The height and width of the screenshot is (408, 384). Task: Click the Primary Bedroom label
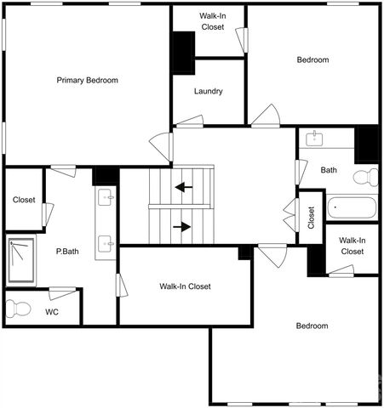(x=87, y=80)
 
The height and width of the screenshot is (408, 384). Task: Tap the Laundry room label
(x=209, y=92)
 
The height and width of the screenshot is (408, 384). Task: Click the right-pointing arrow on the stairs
(x=181, y=227)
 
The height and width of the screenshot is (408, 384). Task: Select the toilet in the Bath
(x=366, y=178)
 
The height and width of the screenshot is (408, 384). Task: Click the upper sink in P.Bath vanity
(x=106, y=198)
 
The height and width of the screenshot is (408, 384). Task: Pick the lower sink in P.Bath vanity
(x=106, y=244)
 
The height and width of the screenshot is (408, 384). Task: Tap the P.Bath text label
(x=68, y=252)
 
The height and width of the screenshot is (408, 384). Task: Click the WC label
(x=53, y=311)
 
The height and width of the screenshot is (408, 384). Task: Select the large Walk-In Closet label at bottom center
(x=185, y=286)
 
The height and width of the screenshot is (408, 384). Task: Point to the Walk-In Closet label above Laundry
(x=212, y=21)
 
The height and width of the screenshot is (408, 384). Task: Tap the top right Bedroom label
(x=312, y=60)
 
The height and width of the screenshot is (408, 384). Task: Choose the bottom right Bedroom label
(x=312, y=326)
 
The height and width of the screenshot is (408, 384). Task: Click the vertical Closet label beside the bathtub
(x=312, y=218)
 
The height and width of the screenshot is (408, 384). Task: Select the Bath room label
(x=329, y=170)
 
